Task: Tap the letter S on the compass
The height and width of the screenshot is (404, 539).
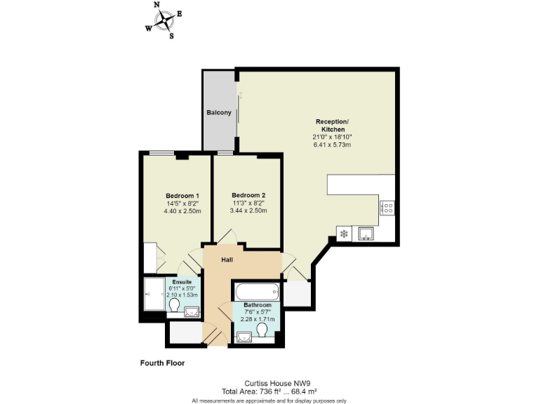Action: point(171,36)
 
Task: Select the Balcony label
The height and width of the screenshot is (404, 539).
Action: point(218,112)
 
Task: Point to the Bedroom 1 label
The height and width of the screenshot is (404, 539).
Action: point(182,195)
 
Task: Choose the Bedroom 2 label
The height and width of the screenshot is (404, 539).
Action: point(248,195)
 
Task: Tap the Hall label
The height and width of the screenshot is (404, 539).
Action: point(227,260)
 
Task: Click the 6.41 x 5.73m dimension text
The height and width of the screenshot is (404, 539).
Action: point(333,145)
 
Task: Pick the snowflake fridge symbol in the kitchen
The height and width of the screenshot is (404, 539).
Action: point(344,234)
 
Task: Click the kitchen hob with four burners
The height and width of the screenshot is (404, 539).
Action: point(387,207)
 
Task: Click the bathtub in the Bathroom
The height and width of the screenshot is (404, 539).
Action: point(257,291)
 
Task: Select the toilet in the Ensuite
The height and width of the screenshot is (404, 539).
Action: point(173,307)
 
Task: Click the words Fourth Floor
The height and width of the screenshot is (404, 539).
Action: point(162,363)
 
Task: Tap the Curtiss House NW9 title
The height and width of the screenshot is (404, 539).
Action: point(269,382)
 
